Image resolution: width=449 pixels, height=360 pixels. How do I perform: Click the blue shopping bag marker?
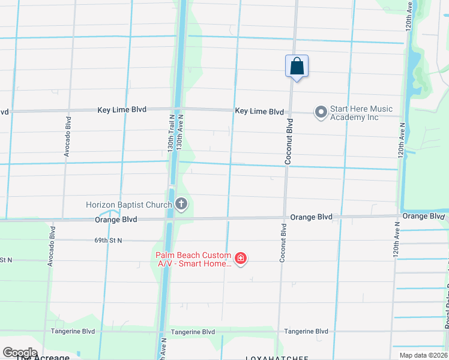297,66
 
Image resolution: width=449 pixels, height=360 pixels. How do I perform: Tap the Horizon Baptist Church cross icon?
181,205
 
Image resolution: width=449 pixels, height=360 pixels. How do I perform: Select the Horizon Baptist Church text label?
128,205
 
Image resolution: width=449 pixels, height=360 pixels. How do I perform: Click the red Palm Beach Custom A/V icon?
241,259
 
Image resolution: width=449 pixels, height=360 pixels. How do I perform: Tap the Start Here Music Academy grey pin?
321,112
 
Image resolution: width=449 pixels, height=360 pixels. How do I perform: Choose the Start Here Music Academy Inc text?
361,113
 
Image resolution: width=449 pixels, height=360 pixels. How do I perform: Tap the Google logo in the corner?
19,352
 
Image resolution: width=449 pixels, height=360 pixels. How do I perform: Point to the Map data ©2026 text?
423,355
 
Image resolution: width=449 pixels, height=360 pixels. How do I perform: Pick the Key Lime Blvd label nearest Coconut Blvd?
259,112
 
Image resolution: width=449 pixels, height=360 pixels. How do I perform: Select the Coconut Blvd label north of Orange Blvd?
290,142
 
